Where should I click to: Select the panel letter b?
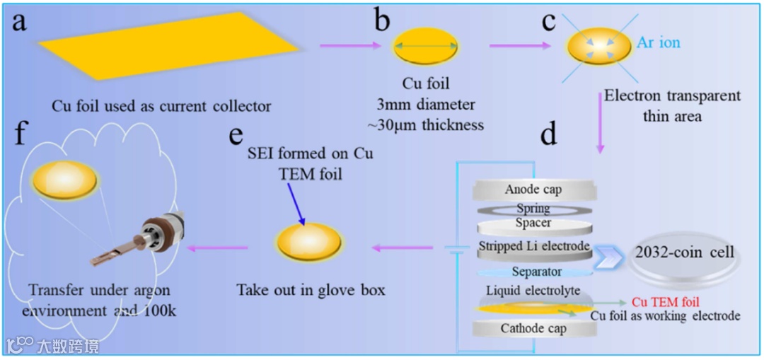pyautogui.click(x=382, y=21)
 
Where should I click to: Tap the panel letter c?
pyautogui.click(x=548, y=21)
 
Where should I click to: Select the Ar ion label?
pyautogui.click(x=658, y=42)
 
